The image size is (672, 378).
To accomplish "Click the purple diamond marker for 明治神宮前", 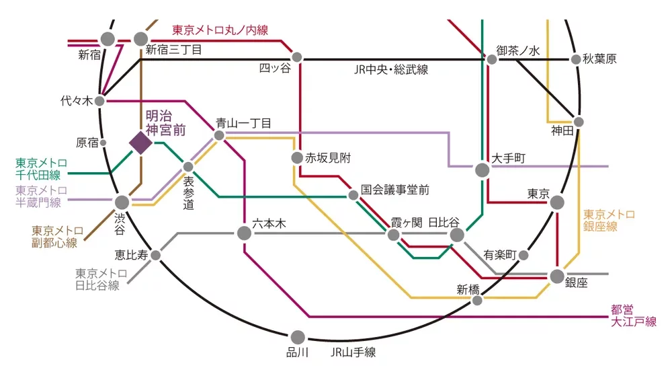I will pyautogui.click(x=140, y=143).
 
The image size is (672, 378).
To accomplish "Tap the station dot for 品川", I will pyautogui.click(x=298, y=337).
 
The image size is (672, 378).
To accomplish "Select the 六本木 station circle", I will pyautogui.click(x=244, y=233).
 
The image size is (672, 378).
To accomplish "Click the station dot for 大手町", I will pyautogui.click(x=482, y=170).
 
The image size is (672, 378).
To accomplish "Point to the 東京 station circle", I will pyautogui.click(x=557, y=202).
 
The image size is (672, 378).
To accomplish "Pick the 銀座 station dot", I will pyautogui.click(x=557, y=276).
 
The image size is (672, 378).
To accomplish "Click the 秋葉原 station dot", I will pyautogui.click(x=576, y=59).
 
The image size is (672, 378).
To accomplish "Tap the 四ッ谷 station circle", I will pyautogui.click(x=297, y=58).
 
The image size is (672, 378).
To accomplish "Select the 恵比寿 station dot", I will pyautogui.click(x=156, y=255).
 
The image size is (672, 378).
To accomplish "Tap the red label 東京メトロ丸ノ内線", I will pyautogui.click(x=220, y=30).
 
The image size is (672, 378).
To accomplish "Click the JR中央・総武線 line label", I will pyautogui.click(x=391, y=70).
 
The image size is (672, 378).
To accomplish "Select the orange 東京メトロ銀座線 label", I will pyautogui.click(x=609, y=221).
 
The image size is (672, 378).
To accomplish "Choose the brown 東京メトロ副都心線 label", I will pyautogui.click(x=57, y=237).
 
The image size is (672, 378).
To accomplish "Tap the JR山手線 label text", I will pyautogui.click(x=353, y=352).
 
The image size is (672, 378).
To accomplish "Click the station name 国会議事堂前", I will pyautogui.click(x=394, y=190).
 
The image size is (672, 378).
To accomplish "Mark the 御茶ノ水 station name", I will pyautogui.click(x=519, y=50).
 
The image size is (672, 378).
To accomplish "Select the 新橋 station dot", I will pyautogui.click(x=477, y=300).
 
